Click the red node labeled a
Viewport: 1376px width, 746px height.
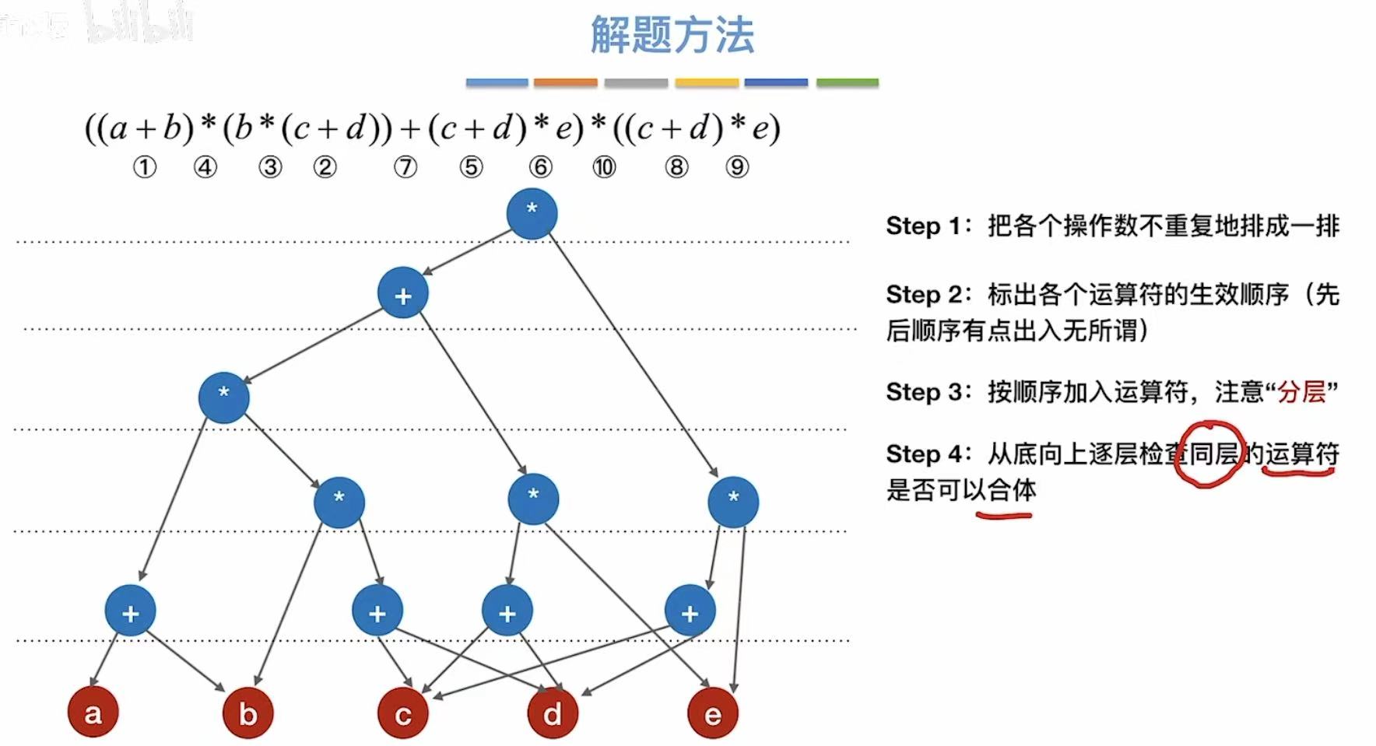point(93,713)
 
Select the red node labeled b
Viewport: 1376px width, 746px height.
point(247,713)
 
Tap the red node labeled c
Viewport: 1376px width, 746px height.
point(402,713)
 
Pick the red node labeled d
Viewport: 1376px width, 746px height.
point(553,713)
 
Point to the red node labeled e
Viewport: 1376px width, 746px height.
point(712,713)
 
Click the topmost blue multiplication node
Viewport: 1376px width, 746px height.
point(532,212)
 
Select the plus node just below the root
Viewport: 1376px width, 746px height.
point(402,293)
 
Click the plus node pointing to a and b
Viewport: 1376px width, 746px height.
point(130,611)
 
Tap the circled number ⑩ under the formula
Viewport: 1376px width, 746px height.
point(604,167)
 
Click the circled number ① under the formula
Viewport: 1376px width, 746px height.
point(144,167)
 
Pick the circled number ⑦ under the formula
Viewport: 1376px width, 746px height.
point(405,167)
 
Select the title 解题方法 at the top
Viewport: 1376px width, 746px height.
point(672,35)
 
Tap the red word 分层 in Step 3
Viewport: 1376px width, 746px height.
point(1301,391)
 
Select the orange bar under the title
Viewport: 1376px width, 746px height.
point(565,82)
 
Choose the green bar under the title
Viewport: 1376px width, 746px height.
point(847,82)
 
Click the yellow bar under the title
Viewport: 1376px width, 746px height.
point(706,82)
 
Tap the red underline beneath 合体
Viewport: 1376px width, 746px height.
point(1004,514)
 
